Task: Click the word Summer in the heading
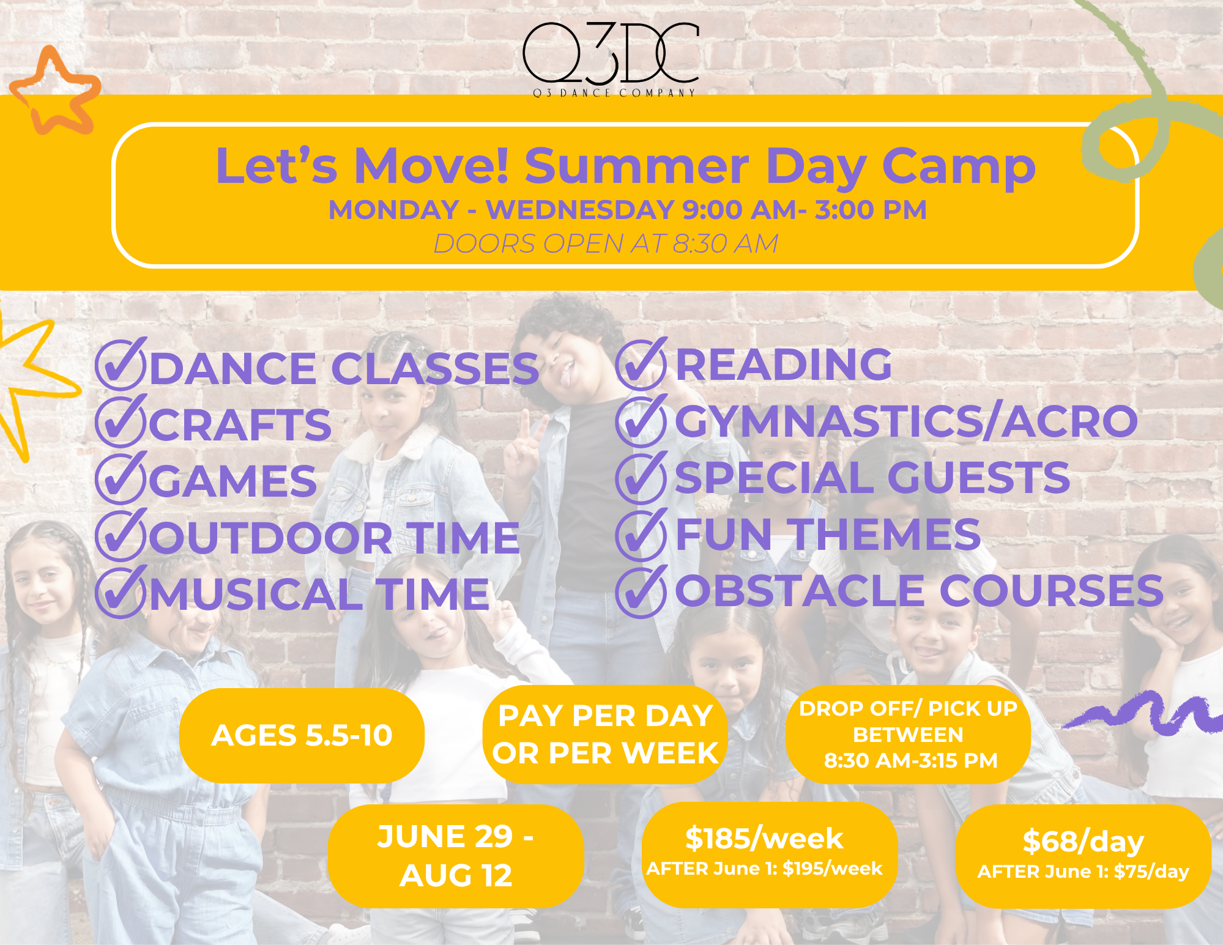click(636, 166)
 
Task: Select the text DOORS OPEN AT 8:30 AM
click(606, 243)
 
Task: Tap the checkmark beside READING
click(641, 364)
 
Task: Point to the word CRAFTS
click(240, 424)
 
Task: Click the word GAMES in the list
click(233, 481)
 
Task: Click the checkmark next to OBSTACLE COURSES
click(641, 591)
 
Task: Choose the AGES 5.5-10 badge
click(302, 735)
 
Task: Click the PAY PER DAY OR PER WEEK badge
click(605, 735)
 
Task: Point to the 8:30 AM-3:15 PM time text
click(910, 760)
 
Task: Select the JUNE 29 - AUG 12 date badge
click(456, 856)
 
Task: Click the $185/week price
click(764, 838)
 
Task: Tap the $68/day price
click(1083, 841)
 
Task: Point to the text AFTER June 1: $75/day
click(1083, 871)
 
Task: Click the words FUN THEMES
click(828, 534)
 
